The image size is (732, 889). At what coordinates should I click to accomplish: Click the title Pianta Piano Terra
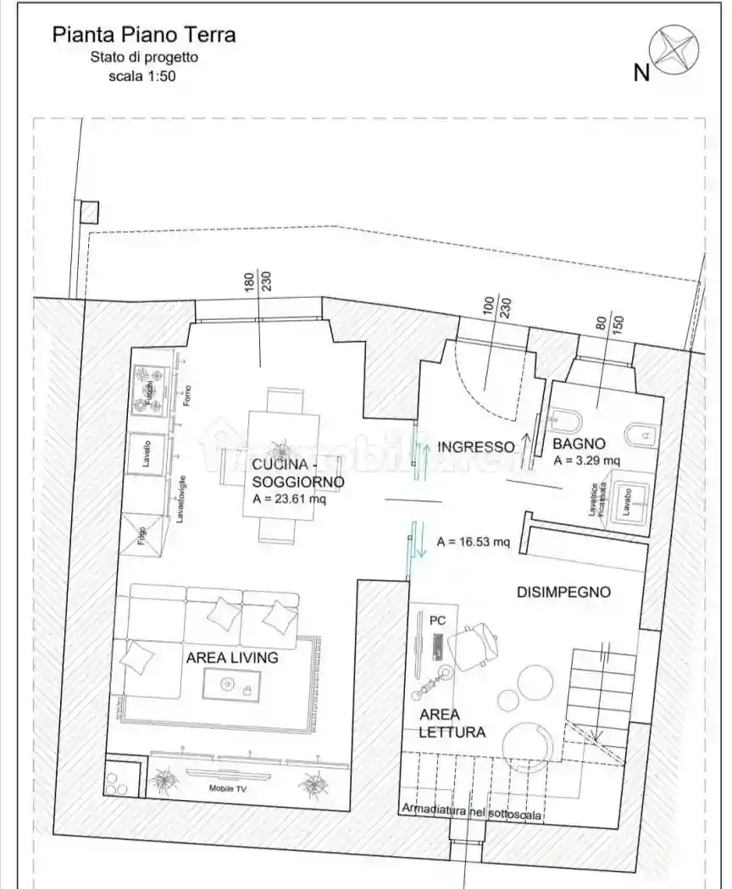pos(144,35)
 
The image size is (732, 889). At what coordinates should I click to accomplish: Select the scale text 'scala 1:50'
pos(142,76)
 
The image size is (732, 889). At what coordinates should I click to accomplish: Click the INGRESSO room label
pos(476,446)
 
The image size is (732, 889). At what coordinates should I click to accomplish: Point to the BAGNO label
pos(579,443)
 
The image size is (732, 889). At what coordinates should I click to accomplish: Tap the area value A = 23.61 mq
pos(289,500)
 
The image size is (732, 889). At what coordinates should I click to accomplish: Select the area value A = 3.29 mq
pos(587,461)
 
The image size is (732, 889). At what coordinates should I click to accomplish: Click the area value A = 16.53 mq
pos(474,542)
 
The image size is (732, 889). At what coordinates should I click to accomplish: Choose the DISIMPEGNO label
pos(563,592)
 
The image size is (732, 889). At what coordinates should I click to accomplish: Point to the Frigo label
pos(141,535)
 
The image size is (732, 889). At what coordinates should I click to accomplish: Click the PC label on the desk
pos(437,621)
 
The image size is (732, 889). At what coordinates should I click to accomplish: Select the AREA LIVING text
pos(232,657)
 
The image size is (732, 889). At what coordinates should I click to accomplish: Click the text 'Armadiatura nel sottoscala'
pos(472,811)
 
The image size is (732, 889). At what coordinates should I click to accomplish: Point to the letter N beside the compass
pos(641,73)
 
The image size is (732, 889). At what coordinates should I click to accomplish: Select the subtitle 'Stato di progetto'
pos(144,58)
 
